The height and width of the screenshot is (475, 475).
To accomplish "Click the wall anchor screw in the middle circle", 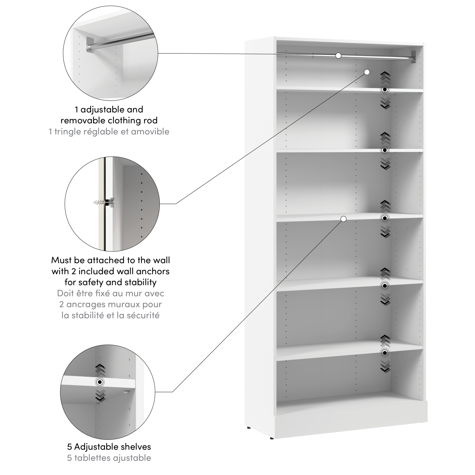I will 105,202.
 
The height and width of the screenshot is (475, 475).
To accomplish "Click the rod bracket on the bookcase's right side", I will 414,56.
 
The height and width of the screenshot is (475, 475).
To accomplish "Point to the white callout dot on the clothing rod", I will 338,56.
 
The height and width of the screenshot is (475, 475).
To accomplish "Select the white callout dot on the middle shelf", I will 344,219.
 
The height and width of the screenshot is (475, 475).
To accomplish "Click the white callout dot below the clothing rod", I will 367,72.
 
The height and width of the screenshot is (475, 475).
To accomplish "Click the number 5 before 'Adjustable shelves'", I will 70,447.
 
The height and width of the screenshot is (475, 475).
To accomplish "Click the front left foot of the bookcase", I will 272,438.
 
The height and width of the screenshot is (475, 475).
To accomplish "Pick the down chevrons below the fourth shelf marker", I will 385,299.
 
